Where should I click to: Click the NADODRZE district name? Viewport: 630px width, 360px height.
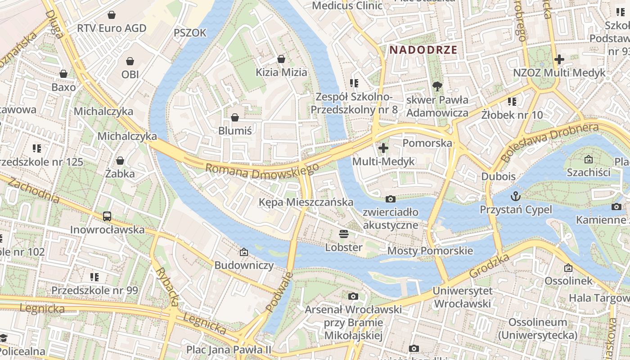(423, 50)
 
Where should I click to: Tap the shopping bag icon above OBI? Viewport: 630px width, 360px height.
(130, 61)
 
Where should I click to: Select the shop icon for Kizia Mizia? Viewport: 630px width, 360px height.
(281, 59)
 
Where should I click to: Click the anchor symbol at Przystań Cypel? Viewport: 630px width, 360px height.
(516, 196)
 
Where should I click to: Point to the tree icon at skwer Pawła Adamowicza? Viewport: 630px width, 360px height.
(436, 86)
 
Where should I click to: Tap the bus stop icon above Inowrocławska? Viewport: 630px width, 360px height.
(107, 216)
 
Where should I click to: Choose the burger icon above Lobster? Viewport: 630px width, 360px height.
(344, 234)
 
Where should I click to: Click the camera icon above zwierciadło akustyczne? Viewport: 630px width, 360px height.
(391, 199)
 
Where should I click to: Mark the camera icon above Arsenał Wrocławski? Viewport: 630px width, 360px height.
(353, 296)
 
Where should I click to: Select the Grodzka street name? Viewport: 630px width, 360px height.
(489, 265)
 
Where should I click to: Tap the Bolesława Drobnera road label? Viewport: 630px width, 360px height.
(549, 141)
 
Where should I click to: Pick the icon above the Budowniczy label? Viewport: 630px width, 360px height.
(244, 252)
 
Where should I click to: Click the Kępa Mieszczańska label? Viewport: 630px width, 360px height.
(306, 202)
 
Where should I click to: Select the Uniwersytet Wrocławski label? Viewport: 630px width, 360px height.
(462, 297)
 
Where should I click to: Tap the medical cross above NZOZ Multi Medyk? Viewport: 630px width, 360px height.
(559, 59)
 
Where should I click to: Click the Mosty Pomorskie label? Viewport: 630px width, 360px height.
(430, 251)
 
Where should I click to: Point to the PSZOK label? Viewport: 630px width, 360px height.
(190, 32)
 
